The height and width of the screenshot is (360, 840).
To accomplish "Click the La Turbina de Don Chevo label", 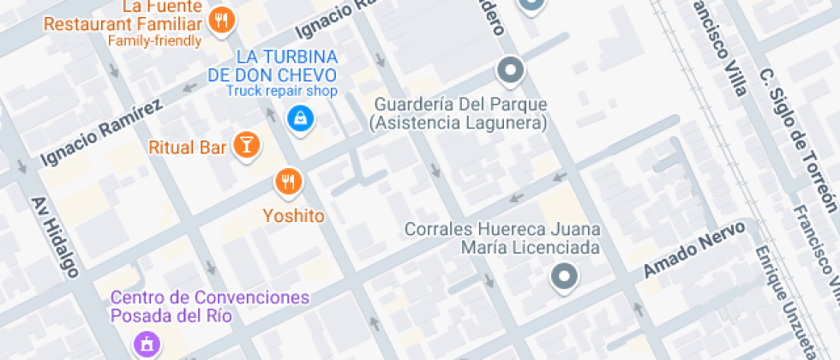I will (273, 65).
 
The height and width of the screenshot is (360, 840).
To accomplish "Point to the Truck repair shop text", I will (282, 91).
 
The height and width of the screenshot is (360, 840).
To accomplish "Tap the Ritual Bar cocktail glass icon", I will (247, 145).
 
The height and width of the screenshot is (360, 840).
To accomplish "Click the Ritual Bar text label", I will (188, 147).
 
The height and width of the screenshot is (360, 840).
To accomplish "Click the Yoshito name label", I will (293, 216).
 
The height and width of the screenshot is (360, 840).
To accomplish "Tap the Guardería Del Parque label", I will (460, 113).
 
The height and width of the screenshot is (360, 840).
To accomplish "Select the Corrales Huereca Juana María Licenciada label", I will (502, 238).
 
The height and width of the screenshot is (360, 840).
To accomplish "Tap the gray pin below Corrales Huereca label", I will (564, 277).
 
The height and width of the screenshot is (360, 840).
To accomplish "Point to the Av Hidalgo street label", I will (56, 238).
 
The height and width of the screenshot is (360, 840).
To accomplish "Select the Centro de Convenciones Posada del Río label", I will (210, 306).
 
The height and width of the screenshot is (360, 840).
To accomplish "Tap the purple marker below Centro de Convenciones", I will (147, 345).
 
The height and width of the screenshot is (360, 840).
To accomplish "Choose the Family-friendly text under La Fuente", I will (155, 40).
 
